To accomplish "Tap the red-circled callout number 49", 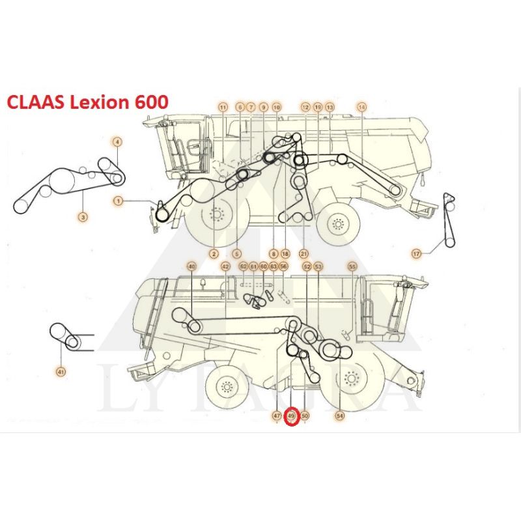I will tap(292, 415).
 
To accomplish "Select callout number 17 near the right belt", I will tap(417, 253).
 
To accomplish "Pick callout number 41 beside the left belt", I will tap(61, 372).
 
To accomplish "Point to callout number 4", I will tap(117, 141).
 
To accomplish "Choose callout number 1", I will tap(118, 201).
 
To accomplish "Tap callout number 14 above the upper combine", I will tap(362, 107).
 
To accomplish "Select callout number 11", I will tap(223, 107).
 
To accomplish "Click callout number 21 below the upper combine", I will tap(303, 253).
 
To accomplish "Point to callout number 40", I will tap(191, 266).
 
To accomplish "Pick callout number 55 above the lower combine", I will tap(352, 266).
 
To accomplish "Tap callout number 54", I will tap(339, 415).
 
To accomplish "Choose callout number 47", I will tap(277, 415).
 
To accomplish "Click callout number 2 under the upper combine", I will tap(214, 253).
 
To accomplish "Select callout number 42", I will tap(225, 266).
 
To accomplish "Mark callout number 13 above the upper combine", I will tap(330, 107).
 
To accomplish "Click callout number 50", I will tap(305, 415).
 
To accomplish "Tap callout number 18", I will tap(285, 253).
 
